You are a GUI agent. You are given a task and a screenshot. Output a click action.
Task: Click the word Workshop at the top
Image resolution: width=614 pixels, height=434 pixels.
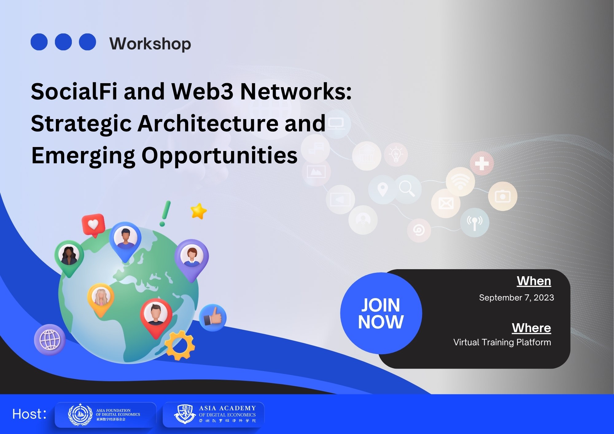tap(150, 44)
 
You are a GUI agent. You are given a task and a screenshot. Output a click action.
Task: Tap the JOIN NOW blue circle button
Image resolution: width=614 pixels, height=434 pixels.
tap(381, 313)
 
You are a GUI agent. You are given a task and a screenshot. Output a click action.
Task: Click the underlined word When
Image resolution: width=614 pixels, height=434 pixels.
tap(534, 281)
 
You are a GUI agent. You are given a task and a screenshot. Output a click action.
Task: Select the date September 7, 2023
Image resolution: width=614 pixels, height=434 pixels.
tap(516, 297)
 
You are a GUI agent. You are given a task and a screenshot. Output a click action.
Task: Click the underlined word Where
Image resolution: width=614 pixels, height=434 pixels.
tap(531, 328)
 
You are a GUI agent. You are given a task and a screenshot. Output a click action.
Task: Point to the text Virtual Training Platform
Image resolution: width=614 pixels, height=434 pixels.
tap(502, 342)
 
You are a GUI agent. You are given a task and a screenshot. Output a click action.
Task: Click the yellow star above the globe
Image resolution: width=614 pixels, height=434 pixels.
tap(198, 211)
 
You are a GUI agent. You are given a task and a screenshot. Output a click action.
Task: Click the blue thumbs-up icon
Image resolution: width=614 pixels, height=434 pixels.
tap(213, 318)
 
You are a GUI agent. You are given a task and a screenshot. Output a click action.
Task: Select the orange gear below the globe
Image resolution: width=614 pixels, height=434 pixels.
tap(180, 345)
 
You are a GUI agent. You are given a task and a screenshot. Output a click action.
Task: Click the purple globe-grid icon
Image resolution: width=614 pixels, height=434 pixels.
tap(50, 340)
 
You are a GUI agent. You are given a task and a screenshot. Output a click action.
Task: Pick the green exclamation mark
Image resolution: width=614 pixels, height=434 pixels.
tap(165, 214)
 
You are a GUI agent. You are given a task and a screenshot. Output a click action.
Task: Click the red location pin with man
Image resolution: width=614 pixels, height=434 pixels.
tap(156, 316)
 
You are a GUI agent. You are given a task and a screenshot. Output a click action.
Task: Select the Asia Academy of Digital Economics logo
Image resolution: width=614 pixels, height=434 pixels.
tap(213, 415)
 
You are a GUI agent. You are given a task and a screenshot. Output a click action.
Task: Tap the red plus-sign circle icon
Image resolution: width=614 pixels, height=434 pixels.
tap(482, 163)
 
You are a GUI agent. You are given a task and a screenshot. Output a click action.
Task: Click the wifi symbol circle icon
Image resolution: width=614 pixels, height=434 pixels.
tap(460, 182)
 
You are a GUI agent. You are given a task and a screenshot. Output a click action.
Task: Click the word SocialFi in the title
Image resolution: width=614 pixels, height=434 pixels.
tap(74, 91)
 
